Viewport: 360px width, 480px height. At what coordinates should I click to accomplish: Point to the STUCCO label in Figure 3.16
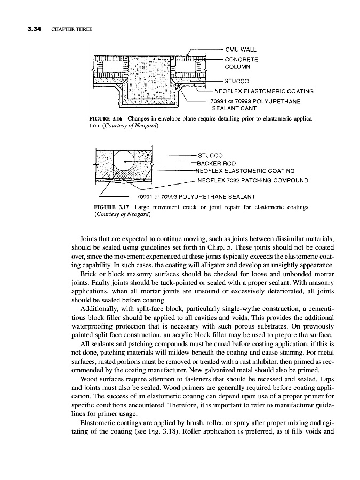pos(237,81)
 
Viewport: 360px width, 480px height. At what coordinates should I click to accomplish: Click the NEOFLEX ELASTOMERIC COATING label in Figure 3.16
pos(263,91)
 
